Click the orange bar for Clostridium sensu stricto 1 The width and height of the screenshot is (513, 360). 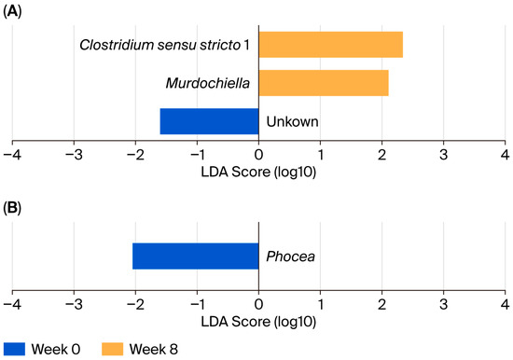click(x=331, y=45)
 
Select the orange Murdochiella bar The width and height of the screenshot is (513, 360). click(x=324, y=83)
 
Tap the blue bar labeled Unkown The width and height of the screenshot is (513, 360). click(x=209, y=121)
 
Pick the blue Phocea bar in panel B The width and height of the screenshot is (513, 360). click(x=196, y=256)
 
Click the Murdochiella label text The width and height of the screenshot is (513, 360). click(x=208, y=83)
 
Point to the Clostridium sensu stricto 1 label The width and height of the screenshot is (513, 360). click(x=164, y=45)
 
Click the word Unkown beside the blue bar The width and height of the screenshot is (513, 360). click(x=292, y=121)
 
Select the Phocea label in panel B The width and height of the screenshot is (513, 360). click(x=290, y=256)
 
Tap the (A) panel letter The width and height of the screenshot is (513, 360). click(x=12, y=11)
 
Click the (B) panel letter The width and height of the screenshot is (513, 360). click(x=12, y=208)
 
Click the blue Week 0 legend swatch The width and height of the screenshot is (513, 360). click(x=14, y=349)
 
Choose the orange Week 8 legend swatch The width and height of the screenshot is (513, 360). click(x=113, y=349)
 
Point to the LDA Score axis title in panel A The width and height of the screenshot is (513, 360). click(x=258, y=173)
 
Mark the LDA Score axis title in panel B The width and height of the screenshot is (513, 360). click(x=258, y=322)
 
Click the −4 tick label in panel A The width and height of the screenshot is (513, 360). click(x=12, y=155)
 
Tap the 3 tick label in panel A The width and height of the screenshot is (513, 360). click(x=444, y=155)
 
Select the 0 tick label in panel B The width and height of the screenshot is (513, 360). click(x=258, y=305)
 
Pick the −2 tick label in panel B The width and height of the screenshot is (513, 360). click(x=135, y=305)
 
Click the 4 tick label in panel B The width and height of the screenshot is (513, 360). click(x=506, y=305)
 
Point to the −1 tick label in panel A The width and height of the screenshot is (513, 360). click(x=198, y=155)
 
